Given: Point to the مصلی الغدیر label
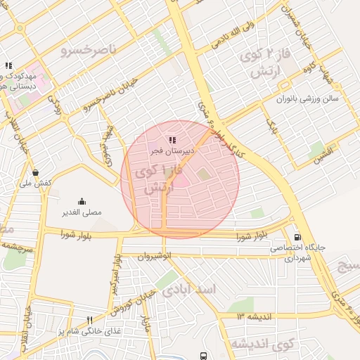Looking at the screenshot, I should click(x=82, y=211).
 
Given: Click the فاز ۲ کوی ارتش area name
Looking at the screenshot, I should click(x=261, y=63).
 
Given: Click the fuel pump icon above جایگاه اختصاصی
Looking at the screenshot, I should click(x=297, y=238).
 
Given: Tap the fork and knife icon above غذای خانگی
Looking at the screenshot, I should click(x=89, y=321).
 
